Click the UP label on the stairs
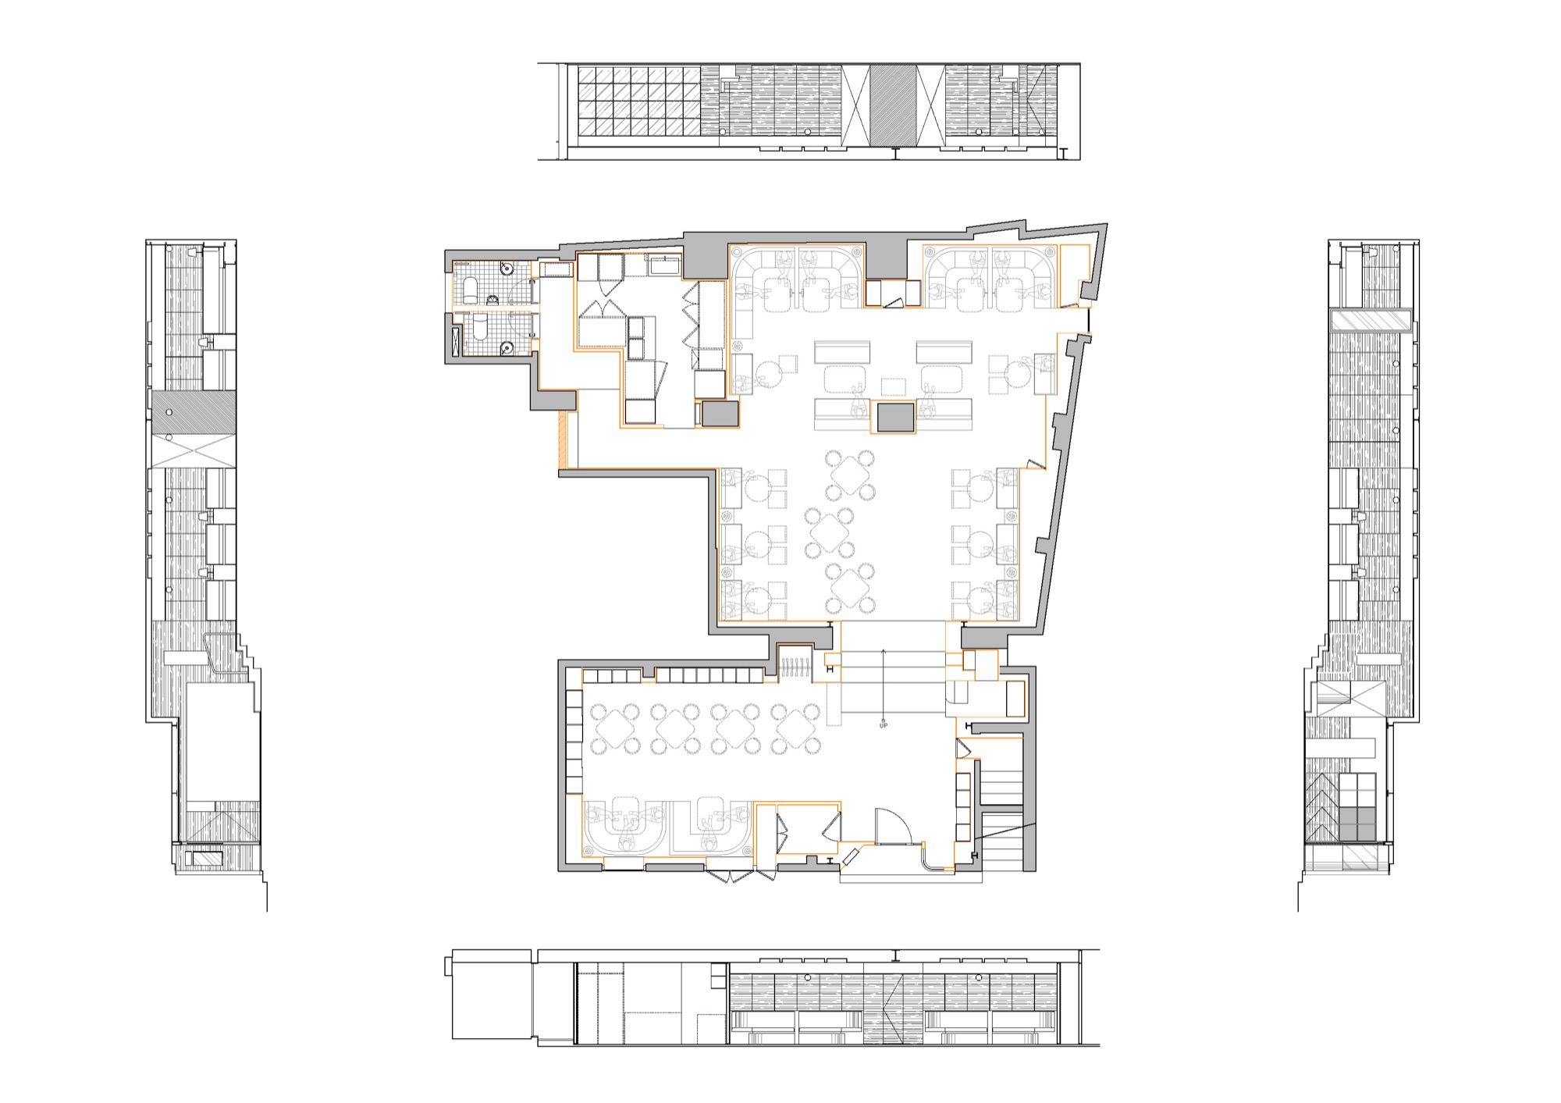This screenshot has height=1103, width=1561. tap(884, 726)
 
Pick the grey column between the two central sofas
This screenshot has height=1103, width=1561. tap(895, 416)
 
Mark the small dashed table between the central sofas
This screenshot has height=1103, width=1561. tap(894, 386)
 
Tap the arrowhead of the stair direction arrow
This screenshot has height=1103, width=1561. tap(884, 650)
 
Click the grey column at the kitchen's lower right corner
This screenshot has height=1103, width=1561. tap(720, 414)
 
